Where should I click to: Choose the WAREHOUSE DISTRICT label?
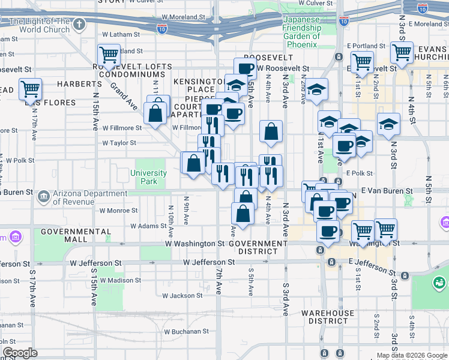[x=328, y=317]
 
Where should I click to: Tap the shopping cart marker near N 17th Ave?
[x=30, y=89]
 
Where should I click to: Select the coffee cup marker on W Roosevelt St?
[x=245, y=69]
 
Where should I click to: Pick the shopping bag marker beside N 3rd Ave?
[x=271, y=131]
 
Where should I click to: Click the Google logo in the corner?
[x=20, y=353]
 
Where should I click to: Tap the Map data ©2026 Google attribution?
[x=412, y=355]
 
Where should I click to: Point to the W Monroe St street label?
[x=119, y=211]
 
